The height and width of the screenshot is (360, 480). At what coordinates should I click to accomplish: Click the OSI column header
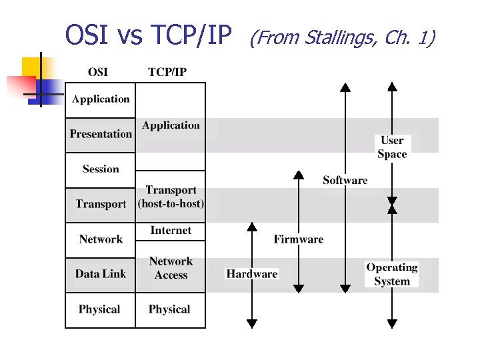click(x=97, y=72)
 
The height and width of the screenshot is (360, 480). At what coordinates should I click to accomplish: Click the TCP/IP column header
click(x=167, y=72)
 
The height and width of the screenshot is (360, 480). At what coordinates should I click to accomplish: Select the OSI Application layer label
click(x=101, y=99)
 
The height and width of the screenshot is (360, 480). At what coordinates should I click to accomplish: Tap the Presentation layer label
click(x=101, y=134)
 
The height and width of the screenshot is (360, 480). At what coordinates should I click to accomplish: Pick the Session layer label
click(x=101, y=169)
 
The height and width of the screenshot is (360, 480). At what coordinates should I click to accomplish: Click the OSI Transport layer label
click(x=101, y=204)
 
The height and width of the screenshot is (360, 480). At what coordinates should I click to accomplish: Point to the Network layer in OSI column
click(x=101, y=239)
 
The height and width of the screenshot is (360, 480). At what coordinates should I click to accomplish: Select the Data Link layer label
click(x=101, y=274)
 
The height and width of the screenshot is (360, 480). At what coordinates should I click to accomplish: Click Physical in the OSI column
click(x=99, y=309)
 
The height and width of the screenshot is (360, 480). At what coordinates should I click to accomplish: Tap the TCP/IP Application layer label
click(x=171, y=125)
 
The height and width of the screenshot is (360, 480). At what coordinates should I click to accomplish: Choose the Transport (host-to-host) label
click(x=171, y=197)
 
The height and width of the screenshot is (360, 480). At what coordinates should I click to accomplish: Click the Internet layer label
click(x=171, y=231)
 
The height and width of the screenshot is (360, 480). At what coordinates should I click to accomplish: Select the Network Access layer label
click(x=171, y=268)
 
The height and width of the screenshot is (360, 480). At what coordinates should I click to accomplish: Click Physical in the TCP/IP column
click(x=169, y=309)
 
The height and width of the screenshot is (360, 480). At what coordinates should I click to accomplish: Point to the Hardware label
click(x=252, y=274)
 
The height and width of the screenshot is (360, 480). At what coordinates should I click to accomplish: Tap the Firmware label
click(x=299, y=239)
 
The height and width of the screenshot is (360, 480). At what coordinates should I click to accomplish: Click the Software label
click(x=345, y=180)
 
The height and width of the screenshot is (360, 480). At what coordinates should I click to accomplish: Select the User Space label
click(x=392, y=147)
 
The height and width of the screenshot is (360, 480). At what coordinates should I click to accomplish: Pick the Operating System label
click(x=392, y=274)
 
